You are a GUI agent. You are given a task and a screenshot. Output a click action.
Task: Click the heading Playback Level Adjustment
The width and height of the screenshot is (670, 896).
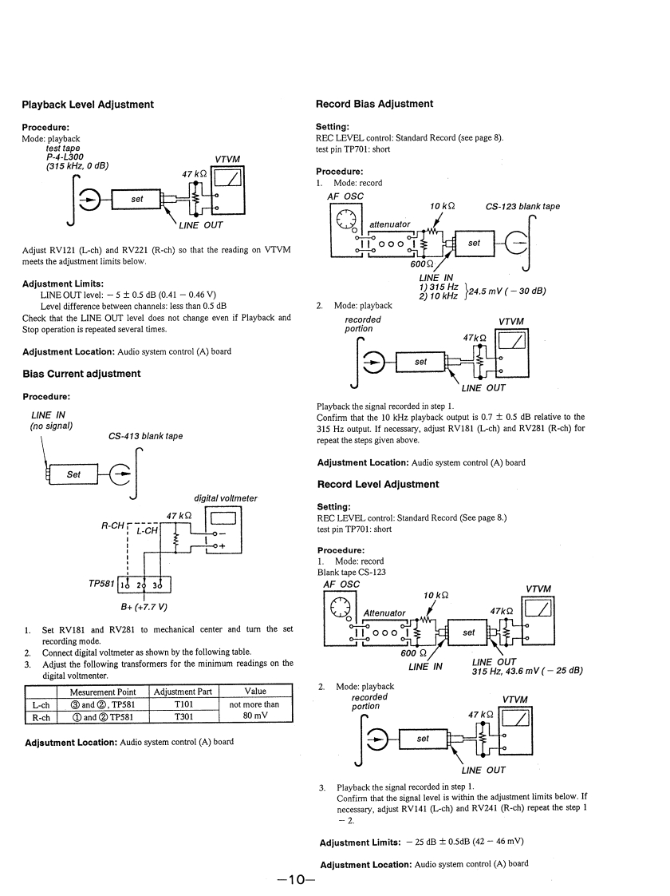point(88,105)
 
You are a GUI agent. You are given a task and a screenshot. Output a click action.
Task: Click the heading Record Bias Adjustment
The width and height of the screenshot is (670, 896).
point(374,104)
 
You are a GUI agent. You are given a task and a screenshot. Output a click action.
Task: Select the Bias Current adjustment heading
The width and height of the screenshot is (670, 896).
point(81,374)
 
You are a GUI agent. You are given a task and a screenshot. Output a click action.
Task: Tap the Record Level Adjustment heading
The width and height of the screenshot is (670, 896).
point(377,484)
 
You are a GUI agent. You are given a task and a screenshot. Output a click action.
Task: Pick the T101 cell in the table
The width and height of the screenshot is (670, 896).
point(184,705)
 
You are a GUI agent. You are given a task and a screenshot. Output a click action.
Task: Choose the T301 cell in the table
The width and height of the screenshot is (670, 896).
point(184,717)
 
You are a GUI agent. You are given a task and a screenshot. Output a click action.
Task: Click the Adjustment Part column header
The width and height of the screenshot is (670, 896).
point(184,692)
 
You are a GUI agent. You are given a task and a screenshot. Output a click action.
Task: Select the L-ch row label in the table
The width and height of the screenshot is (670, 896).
point(41,705)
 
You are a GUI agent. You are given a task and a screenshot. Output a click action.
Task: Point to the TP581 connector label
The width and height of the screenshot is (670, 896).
point(101,584)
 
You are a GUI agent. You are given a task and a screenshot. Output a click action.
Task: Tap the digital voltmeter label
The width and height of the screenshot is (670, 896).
point(226,498)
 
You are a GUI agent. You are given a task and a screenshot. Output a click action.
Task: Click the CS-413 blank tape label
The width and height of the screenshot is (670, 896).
point(145,436)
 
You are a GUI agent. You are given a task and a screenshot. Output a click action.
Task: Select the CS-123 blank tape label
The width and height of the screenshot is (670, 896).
point(522,206)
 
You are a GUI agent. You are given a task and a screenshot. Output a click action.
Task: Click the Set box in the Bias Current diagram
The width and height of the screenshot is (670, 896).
point(73,474)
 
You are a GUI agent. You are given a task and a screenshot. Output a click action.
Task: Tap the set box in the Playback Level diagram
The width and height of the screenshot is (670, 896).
point(137,200)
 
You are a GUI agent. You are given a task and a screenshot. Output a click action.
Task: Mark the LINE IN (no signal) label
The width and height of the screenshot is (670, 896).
point(52,419)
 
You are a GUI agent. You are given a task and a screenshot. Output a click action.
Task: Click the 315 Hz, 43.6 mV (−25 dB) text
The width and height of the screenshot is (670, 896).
point(526,670)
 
